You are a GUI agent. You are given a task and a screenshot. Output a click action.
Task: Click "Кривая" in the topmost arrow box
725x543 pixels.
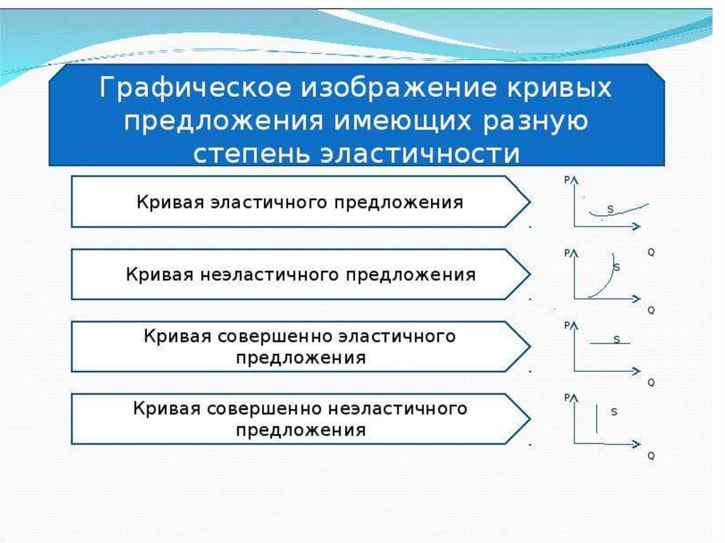(169, 202)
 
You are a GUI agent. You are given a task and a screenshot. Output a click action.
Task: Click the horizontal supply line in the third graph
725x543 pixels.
(609, 343)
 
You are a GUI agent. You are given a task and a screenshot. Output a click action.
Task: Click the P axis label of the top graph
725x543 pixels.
(567, 180)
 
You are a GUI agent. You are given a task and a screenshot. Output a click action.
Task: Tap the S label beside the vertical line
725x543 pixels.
(613, 411)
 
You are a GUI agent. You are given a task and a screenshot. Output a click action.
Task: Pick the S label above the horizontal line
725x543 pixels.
(616, 340)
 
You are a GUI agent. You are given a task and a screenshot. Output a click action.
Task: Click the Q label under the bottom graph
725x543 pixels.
(651, 457)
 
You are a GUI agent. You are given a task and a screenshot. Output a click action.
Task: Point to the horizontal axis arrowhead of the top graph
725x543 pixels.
(636, 226)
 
